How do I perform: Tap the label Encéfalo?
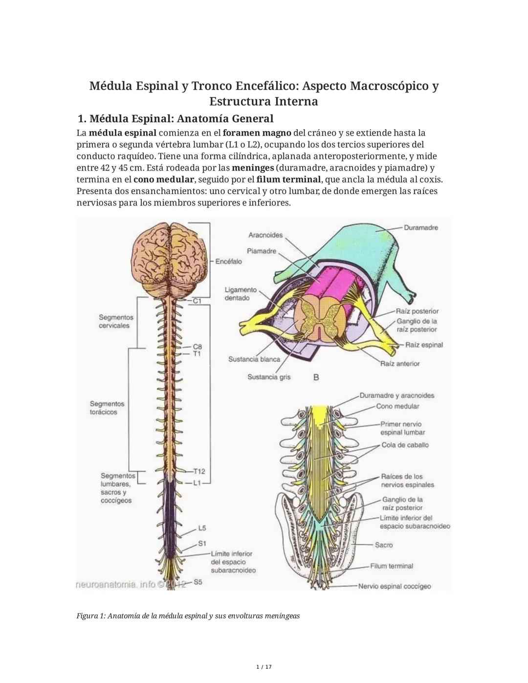tap(229, 262)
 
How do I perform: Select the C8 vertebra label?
tap(198, 346)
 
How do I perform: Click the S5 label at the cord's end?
tap(198, 582)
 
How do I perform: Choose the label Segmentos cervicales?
tap(116, 321)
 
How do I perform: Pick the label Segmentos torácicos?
tap(107, 408)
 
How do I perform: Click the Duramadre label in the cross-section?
tap(421, 228)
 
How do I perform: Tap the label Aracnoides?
tap(265, 235)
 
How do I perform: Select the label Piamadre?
tap(262, 251)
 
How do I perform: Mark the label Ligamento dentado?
tap(241, 294)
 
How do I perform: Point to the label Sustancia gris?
tap(269, 377)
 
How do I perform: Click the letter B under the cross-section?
tap(316, 377)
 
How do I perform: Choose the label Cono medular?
tap(397, 406)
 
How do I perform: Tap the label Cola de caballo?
tap(405, 445)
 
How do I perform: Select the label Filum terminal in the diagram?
tap(391, 566)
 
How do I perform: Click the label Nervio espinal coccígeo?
tap(395, 586)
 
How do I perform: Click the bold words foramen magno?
tap(257, 133)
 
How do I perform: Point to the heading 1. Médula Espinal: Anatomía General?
tap(176, 119)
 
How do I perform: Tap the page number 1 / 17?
tap(264, 667)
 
